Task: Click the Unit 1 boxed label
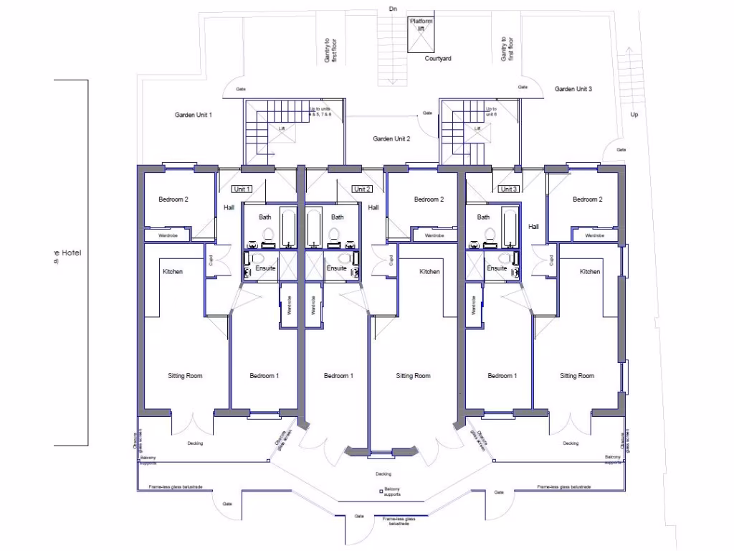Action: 242,189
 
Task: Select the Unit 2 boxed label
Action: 362,189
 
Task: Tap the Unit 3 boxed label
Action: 508,189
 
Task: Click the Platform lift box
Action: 421,34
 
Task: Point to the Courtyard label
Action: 437,59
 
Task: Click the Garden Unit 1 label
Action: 193,115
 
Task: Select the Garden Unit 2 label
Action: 391,138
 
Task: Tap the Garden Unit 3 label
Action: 573,89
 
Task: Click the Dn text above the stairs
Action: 392,9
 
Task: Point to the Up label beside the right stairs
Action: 634,115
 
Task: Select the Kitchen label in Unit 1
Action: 173,272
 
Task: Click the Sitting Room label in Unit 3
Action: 576,376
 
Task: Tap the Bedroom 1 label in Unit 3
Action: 502,376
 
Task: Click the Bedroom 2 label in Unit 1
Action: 173,199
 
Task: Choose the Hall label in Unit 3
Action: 533,227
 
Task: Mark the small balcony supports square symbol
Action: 382,491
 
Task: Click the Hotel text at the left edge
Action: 70,253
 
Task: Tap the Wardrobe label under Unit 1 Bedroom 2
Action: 168,235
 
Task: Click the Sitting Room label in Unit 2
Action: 413,376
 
